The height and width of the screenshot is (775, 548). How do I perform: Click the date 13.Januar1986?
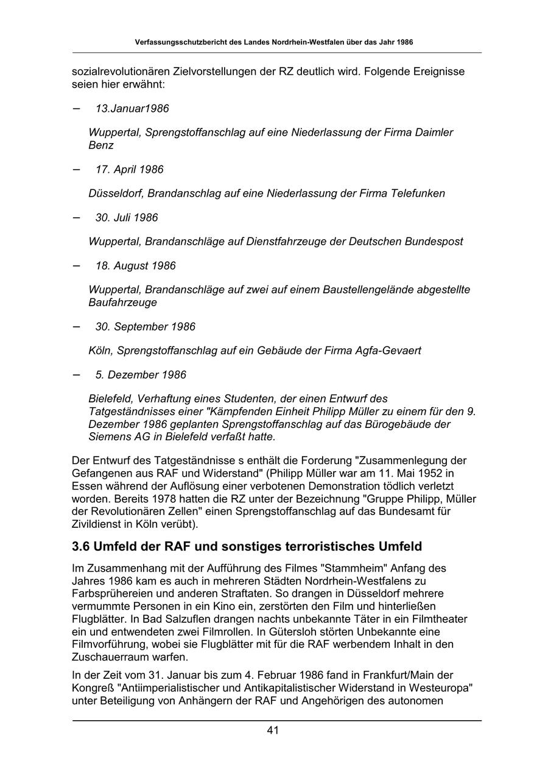click(x=132, y=108)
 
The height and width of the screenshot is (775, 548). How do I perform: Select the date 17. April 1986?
click(x=129, y=169)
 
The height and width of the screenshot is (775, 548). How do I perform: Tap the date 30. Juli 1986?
click(x=127, y=217)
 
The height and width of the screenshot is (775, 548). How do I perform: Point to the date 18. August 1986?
click(x=135, y=265)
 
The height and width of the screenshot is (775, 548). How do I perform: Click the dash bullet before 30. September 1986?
click(x=76, y=326)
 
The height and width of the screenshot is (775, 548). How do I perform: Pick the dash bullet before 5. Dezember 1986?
click(x=76, y=374)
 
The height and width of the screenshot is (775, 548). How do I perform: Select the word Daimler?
click(x=434, y=132)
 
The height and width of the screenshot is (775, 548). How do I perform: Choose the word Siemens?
click(x=108, y=437)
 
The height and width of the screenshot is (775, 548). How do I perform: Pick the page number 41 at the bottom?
click(x=273, y=731)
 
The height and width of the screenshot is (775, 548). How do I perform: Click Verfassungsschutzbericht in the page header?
click(x=182, y=43)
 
